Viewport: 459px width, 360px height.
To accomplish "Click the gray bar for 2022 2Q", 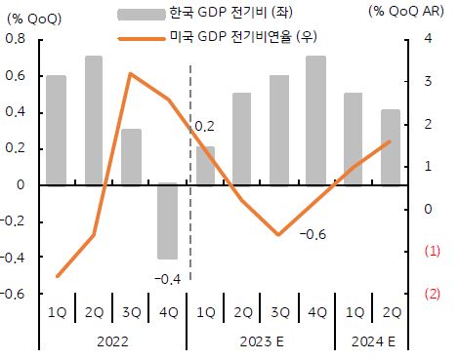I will [94, 120].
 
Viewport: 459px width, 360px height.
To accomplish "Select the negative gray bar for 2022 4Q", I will [168, 221].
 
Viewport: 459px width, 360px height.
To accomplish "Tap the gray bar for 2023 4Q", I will [316, 120].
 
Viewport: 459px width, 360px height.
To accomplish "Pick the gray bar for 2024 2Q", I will [391, 146].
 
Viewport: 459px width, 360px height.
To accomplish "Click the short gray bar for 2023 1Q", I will [205, 165].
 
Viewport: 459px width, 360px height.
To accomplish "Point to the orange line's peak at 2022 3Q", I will [131, 74].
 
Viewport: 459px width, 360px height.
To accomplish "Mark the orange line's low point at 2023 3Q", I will [279, 235].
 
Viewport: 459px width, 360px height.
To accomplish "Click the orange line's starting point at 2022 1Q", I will [57, 276].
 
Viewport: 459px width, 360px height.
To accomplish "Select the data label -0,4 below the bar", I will [167, 279].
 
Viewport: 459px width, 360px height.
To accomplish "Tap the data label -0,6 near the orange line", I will [313, 235].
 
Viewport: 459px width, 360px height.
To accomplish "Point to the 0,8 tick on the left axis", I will [17, 38].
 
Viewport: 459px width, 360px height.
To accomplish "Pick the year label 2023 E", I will [260, 342].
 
